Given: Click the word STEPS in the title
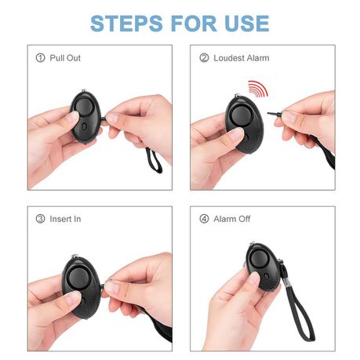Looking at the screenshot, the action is (126, 24).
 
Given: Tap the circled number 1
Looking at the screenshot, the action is (40, 58).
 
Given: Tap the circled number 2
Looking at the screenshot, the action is (204, 58).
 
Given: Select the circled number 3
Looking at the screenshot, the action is (40, 219).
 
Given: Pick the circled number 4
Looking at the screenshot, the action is (204, 219).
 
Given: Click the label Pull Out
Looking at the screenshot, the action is (65, 58).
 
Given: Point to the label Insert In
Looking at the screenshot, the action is (65, 219).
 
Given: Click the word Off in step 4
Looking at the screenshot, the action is (244, 219).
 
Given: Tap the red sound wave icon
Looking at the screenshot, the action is (258, 89).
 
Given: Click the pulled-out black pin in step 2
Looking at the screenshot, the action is (275, 114).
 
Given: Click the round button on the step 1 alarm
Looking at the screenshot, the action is (84, 107).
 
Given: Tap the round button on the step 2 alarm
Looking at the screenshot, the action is (241, 116).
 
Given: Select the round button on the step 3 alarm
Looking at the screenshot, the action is (78, 278).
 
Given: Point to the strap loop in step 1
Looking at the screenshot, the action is (154, 160).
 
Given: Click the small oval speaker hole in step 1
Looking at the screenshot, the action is (84, 126).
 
